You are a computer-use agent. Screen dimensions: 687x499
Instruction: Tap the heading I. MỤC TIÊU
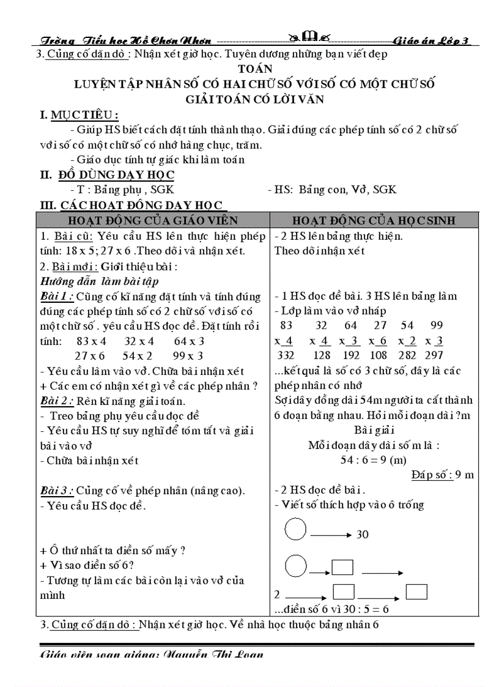point(79,115)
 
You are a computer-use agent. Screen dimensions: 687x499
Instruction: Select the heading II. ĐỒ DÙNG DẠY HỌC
point(107,175)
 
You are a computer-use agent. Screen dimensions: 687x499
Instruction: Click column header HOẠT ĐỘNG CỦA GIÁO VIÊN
point(153,220)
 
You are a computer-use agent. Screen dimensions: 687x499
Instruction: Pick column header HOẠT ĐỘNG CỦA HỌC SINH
point(374,220)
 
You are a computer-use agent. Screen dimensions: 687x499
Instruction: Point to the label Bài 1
point(56,297)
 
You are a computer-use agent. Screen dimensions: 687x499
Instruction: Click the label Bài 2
point(56,401)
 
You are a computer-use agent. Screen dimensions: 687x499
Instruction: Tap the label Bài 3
point(56,491)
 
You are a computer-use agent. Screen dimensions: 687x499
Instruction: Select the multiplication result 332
point(285,355)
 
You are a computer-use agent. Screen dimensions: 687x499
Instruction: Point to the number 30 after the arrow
point(363,535)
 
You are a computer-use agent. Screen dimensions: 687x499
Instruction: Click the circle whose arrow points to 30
point(296,529)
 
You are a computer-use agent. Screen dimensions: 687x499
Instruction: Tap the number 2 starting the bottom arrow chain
point(277,594)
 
